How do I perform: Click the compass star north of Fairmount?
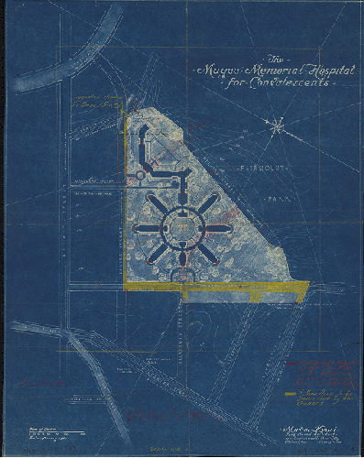(x=277, y=128)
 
